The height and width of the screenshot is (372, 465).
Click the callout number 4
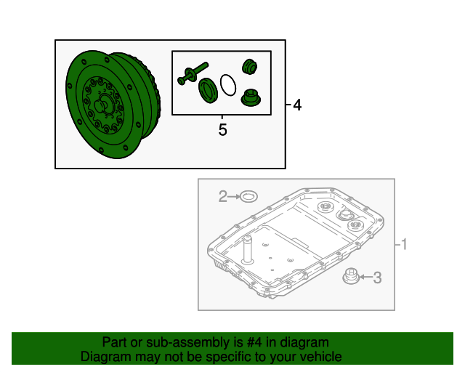(297, 105)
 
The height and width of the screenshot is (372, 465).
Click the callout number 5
(223, 129)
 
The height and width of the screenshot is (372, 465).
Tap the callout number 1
(404, 244)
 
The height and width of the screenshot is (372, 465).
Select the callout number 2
(223, 196)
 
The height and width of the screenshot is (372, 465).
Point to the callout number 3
(377, 278)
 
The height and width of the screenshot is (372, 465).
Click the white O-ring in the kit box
(228, 85)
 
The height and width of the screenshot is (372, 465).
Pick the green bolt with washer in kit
(193, 73)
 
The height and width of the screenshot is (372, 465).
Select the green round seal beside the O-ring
(209, 91)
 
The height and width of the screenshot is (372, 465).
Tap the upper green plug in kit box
(249, 67)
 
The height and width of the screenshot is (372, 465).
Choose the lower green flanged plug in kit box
(251, 97)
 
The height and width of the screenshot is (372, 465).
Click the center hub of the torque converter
(102, 105)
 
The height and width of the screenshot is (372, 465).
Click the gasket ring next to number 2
(248, 196)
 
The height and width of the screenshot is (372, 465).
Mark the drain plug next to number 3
(351, 276)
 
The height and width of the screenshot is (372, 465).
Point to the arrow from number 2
(234, 196)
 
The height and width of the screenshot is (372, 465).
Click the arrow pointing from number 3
(365, 277)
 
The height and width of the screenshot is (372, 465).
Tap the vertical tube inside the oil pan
(247, 250)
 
